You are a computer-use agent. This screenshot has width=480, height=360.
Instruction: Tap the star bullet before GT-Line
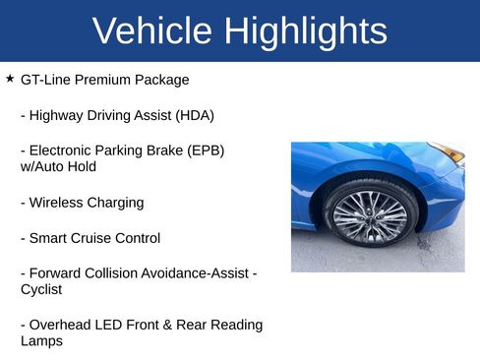[x=10, y=78]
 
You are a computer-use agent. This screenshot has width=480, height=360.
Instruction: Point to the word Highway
[x=57, y=115]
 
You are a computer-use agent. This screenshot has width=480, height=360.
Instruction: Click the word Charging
[x=117, y=203]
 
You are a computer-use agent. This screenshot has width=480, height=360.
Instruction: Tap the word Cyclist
[x=41, y=289]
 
